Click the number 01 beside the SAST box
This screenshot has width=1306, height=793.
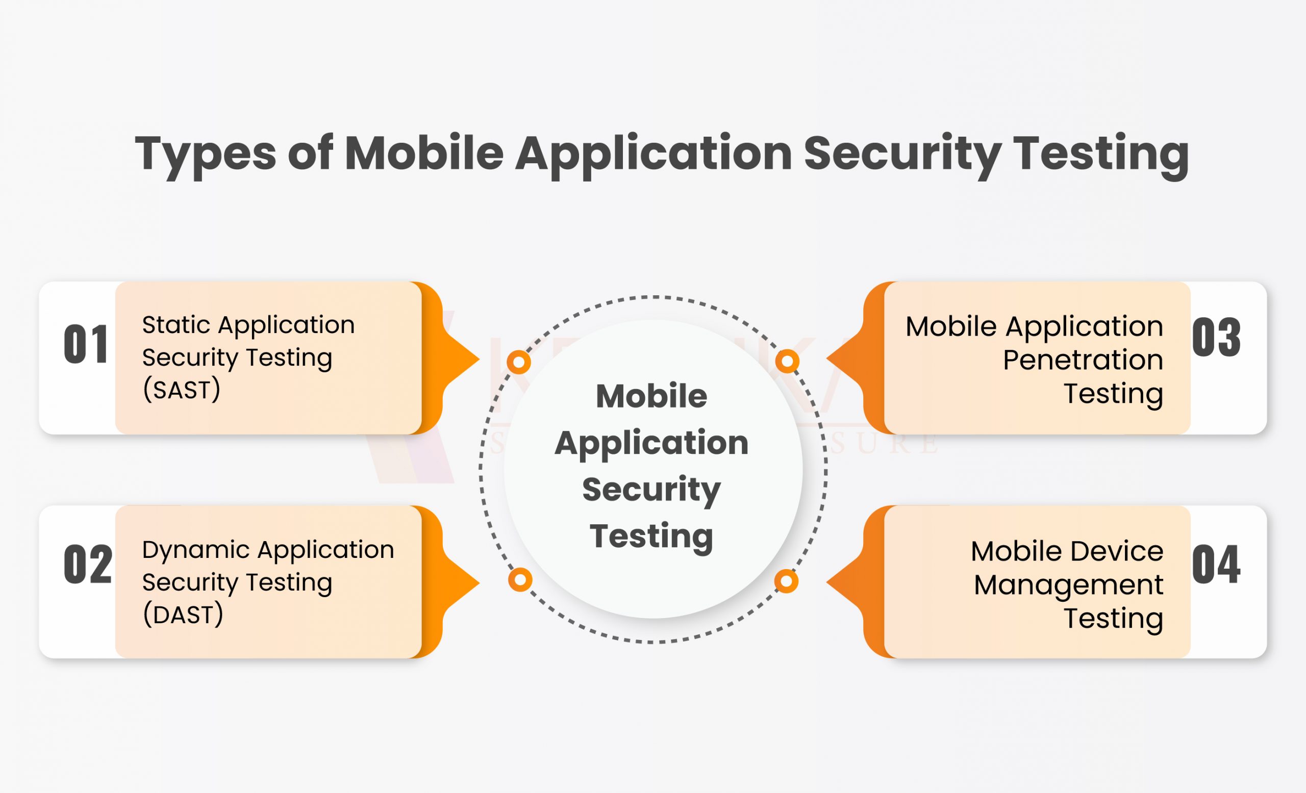click(86, 344)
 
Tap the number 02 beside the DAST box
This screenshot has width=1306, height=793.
click(87, 565)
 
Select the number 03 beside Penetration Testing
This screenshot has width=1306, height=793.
click(1216, 338)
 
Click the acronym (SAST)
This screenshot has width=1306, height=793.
click(181, 390)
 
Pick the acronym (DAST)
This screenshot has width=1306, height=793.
click(183, 615)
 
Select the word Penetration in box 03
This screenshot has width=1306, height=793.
click(1083, 360)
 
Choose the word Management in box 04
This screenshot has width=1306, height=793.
click(1068, 585)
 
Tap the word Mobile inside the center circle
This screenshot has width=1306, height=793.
click(651, 396)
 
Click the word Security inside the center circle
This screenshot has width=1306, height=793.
click(651, 489)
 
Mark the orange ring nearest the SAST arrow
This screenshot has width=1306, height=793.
click(519, 363)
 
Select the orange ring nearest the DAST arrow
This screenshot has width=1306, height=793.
click(520, 580)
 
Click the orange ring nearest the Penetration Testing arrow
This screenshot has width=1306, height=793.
click(787, 361)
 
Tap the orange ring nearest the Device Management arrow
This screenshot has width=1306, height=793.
click(786, 582)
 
